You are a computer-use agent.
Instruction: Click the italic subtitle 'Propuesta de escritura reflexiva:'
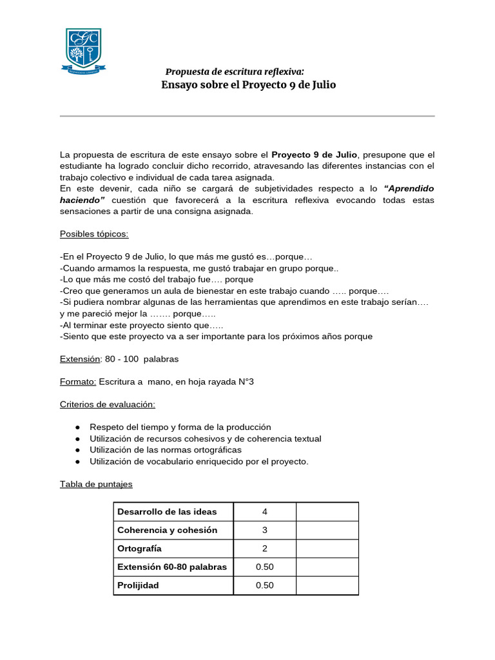point(235,72)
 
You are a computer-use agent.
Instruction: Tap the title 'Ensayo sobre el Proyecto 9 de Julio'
point(248,85)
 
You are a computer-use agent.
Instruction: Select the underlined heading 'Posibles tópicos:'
point(94,233)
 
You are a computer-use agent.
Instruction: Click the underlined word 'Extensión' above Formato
point(80,358)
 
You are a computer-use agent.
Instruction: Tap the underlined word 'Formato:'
point(78,382)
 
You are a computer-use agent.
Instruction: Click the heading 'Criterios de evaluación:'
point(108,404)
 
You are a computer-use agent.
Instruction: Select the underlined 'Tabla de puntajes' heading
point(96,483)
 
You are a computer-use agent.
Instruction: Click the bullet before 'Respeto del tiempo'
point(77,427)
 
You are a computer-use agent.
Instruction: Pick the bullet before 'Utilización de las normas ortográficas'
point(77,450)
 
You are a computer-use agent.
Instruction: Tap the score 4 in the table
point(264,512)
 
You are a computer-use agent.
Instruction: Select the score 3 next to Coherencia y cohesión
point(264,530)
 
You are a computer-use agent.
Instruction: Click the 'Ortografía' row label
point(139,548)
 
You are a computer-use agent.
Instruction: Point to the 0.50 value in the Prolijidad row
point(264,585)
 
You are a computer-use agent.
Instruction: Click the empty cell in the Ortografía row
point(327,548)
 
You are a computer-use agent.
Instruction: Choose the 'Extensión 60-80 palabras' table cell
point(173,567)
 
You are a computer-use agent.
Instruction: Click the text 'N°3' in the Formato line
point(242,382)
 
